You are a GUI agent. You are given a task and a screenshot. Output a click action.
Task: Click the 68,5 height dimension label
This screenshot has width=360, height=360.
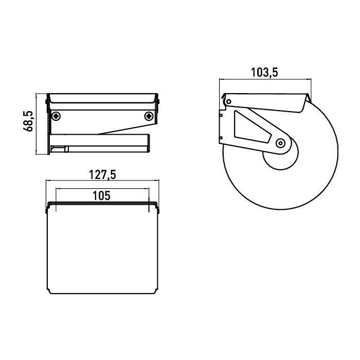(x=28, y=121)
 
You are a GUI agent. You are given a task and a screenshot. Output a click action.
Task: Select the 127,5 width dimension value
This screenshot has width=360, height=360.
(x=102, y=174)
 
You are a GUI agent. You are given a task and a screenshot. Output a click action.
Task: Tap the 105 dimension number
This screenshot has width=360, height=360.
(x=101, y=195)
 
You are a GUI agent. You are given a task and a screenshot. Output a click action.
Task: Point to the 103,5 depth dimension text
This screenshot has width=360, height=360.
(x=264, y=73)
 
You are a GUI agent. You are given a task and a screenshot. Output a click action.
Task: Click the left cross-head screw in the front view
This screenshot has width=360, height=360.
(x=56, y=116)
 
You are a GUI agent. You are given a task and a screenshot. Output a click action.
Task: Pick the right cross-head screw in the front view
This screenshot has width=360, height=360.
(x=149, y=116)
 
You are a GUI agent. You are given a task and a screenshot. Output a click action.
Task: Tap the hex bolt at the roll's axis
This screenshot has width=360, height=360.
(x=280, y=143)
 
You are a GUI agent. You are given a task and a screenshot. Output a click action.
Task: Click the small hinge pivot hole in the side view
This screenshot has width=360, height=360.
(x=229, y=101)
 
